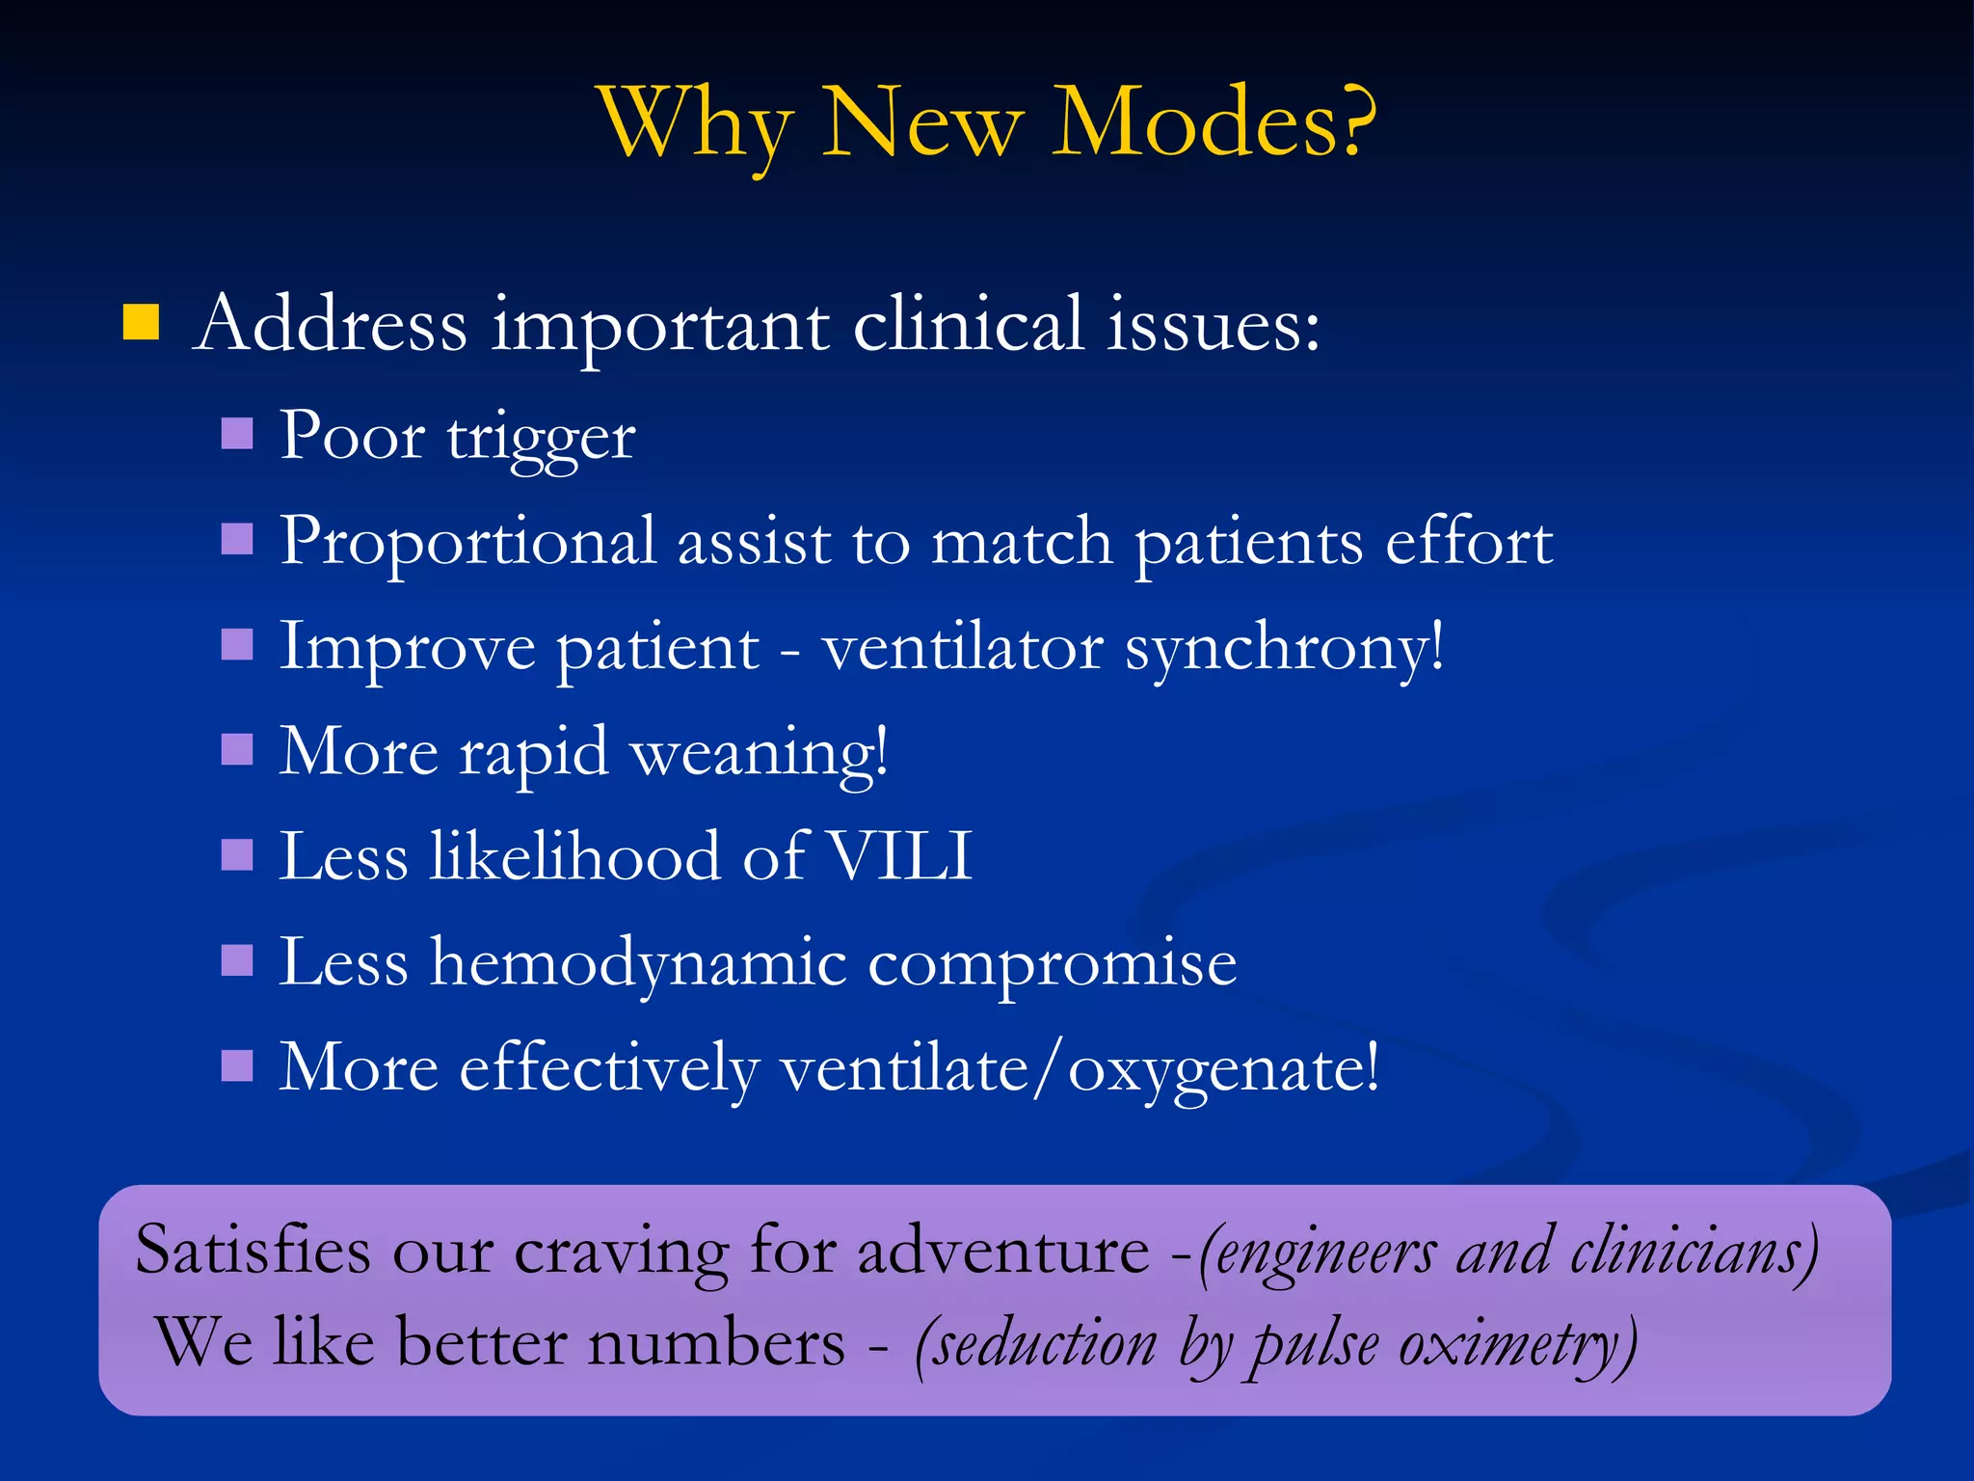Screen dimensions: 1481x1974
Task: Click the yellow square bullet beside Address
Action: [x=141, y=323]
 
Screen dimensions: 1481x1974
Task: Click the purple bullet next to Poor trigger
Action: [x=237, y=434]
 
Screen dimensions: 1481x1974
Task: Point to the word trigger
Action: [x=541, y=439]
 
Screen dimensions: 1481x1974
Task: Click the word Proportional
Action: [x=468, y=542]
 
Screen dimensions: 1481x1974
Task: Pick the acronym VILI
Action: [x=900, y=855]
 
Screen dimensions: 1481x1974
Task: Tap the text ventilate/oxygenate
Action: [x=1080, y=1068]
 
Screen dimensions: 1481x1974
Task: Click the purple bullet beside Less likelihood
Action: [x=237, y=855]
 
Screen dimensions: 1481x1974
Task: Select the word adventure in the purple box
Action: [x=1003, y=1251]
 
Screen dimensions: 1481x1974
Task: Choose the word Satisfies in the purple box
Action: [x=253, y=1251]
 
